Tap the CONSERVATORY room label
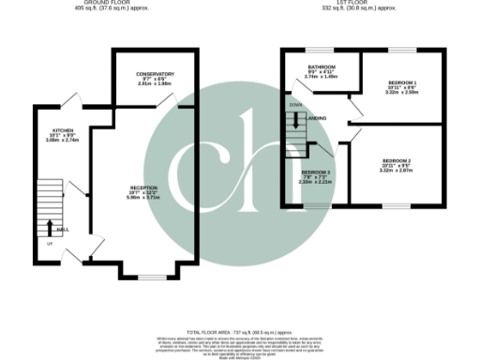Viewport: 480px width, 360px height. (155, 74)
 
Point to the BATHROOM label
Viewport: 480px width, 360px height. (321, 66)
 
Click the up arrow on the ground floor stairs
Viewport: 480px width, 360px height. (49, 226)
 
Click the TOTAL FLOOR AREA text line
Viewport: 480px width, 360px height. (239, 332)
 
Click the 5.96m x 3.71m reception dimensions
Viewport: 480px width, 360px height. (143, 199)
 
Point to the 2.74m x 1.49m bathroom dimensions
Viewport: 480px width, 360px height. (321, 77)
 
